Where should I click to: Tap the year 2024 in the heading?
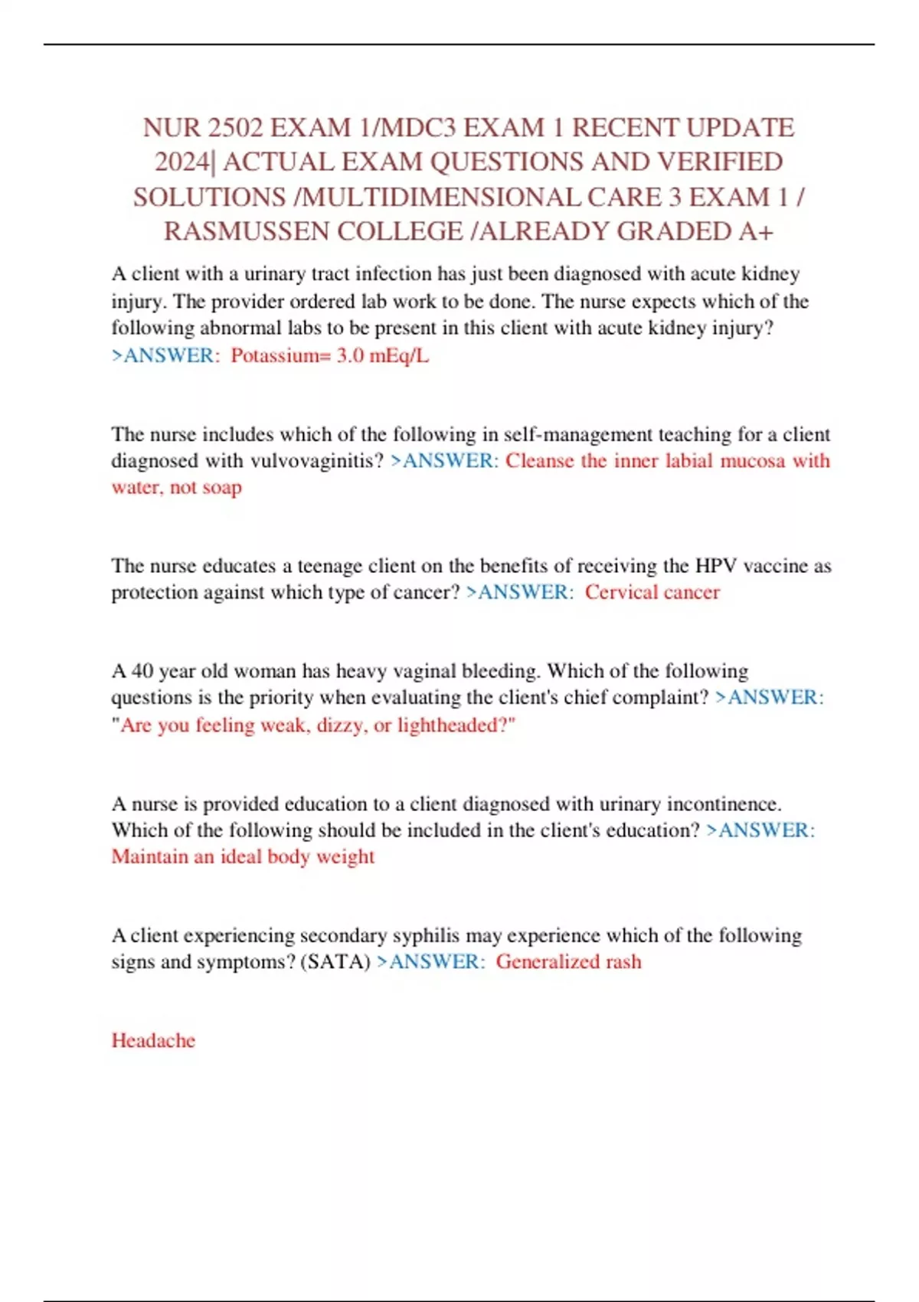point(182,162)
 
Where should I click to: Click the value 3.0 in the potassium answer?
point(350,355)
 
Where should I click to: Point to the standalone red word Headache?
point(153,1040)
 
